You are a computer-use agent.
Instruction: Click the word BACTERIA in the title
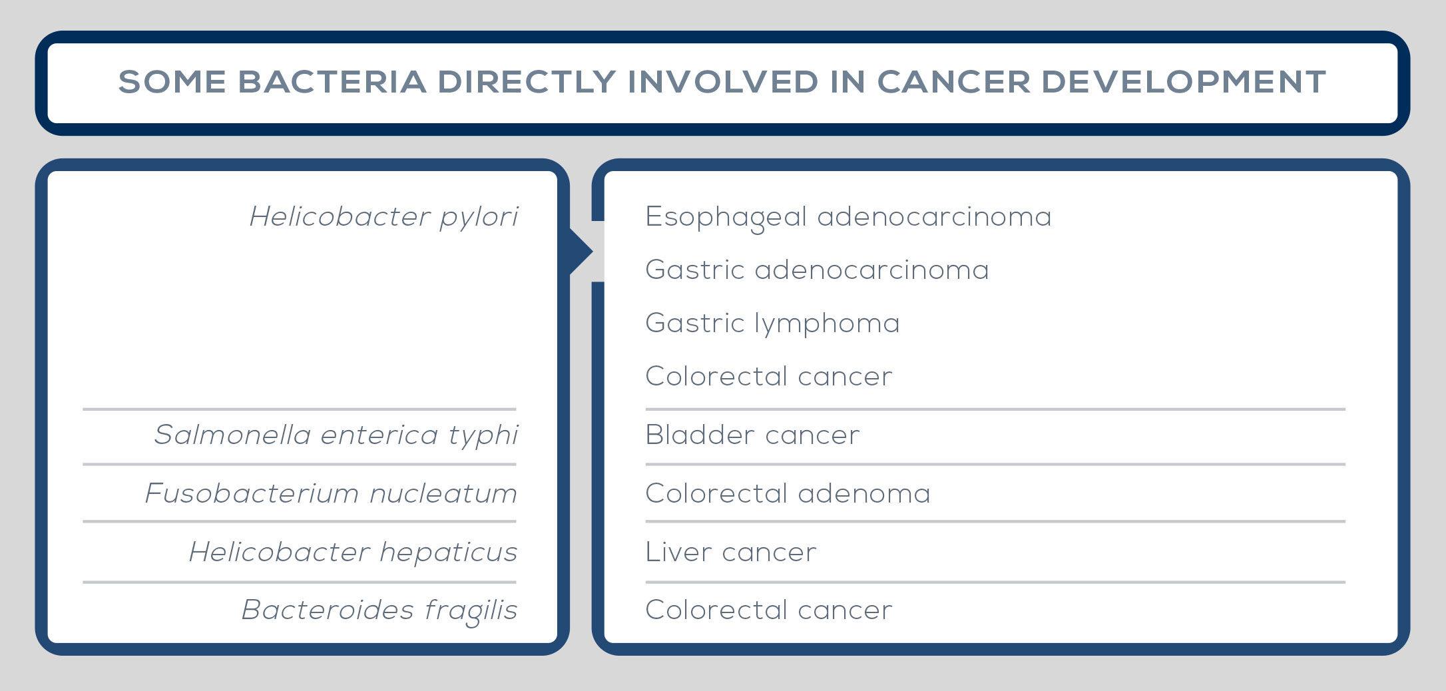[332, 82]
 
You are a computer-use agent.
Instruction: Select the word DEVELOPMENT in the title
[1183, 82]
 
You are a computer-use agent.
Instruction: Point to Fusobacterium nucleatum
[332, 494]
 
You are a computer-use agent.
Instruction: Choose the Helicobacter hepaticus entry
[354, 553]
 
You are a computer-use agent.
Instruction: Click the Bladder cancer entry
[752, 435]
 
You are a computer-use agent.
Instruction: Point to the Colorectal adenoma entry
[788, 494]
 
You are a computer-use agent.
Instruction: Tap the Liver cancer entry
[730, 553]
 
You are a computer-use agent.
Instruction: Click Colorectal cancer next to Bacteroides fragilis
[769, 610]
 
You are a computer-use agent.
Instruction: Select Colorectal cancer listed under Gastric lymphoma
[769, 377]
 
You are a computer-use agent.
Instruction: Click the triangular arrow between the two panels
[581, 252]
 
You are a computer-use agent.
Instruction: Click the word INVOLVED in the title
[723, 82]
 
